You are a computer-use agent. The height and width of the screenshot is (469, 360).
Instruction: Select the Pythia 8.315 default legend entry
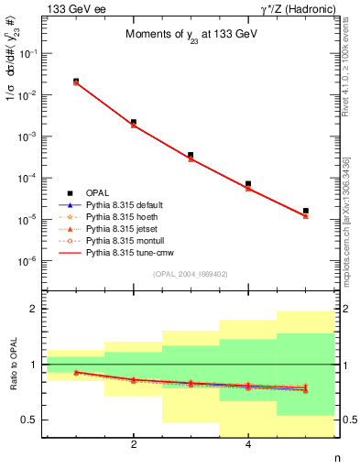tap(121, 204)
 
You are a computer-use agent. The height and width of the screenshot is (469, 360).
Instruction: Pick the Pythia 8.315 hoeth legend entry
tap(118, 215)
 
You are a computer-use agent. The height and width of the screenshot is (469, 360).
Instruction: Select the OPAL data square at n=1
tap(76, 82)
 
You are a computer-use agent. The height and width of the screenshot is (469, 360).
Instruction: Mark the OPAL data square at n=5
tap(305, 211)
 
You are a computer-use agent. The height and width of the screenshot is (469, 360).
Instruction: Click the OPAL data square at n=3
tap(191, 155)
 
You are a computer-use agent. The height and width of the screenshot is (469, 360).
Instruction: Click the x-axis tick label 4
tap(248, 444)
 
